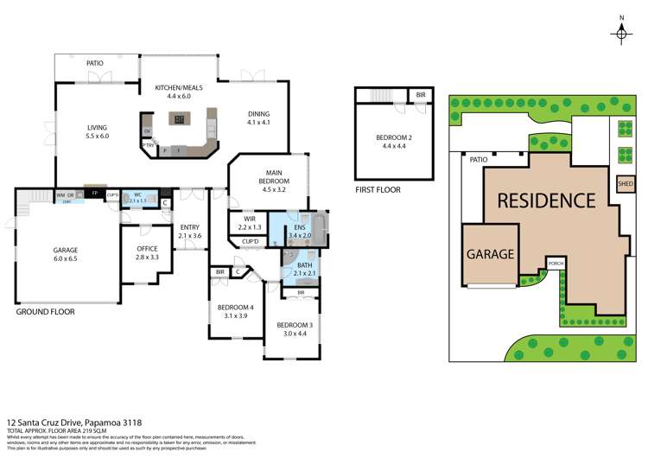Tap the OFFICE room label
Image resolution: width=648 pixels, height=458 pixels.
click(x=148, y=251)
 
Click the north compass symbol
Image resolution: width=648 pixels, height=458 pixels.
click(x=621, y=33)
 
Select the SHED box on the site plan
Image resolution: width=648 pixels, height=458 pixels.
click(x=625, y=183)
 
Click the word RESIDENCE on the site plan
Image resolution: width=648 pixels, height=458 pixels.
click(x=546, y=200)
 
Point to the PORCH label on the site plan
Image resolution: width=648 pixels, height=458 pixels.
click(x=556, y=263)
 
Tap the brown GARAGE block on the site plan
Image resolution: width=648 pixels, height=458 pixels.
click(x=491, y=254)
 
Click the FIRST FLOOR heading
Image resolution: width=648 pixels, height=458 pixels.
click(x=378, y=189)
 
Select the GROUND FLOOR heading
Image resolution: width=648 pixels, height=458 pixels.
click(x=45, y=311)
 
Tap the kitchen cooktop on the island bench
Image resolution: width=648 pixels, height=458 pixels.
click(x=179, y=120)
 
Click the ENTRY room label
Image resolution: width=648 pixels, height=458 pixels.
click(x=188, y=231)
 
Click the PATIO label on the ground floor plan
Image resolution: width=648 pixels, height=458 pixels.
click(x=95, y=64)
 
